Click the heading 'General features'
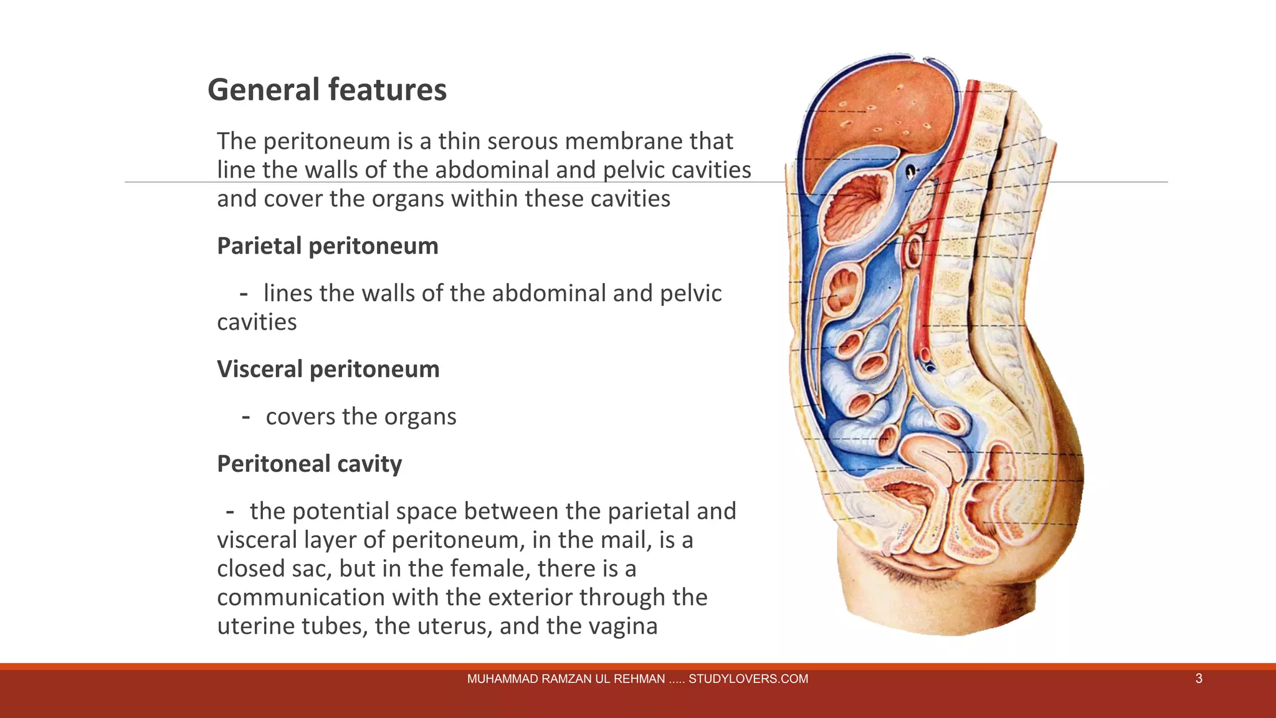326,90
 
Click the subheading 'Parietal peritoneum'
328,246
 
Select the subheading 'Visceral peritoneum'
328,370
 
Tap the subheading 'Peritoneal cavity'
310,464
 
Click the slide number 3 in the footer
1199,679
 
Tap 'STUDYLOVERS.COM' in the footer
748,679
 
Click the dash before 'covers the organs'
246,417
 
